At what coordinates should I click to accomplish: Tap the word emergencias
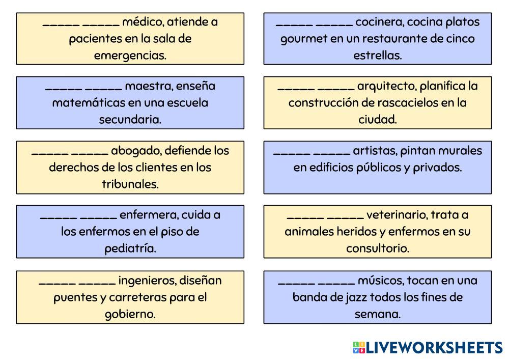coord(130,56)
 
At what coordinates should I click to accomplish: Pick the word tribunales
coord(130,184)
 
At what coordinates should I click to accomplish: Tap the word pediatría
coord(130,248)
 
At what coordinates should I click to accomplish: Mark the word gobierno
coord(130,314)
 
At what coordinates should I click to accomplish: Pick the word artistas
coord(375,150)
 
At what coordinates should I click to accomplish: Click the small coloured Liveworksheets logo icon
coord(358,348)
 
